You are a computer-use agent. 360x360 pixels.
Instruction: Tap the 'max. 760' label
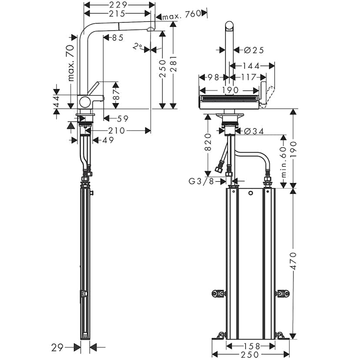tap(181, 14)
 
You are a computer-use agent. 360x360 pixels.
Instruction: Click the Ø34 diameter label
tap(254, 131)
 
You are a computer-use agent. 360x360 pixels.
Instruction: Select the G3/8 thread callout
tap(201, 181)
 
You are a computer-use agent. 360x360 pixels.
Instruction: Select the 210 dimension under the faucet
tap(117, 130)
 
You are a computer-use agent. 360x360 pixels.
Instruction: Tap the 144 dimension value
tap(251, 66)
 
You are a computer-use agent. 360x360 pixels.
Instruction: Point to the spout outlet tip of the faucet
tap(150, 30)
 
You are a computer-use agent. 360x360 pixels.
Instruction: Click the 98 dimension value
tap(213, 77)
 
